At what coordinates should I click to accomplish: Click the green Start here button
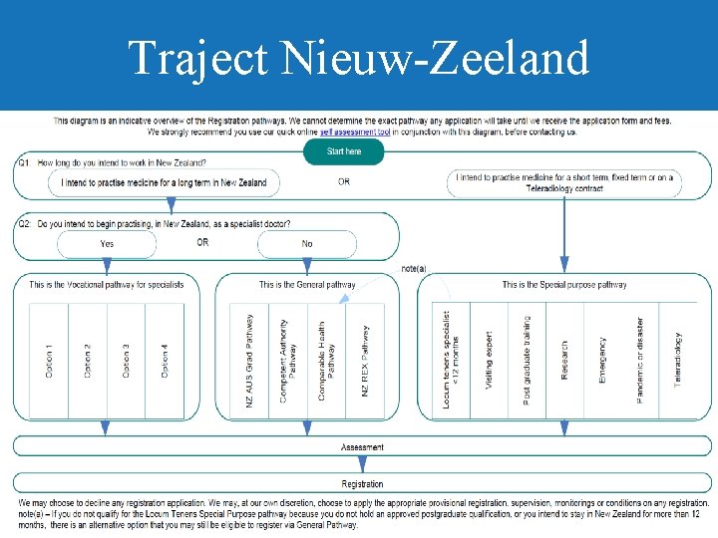click(x=344, y=151)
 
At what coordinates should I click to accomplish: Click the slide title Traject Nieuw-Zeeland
click(x=359, y=58)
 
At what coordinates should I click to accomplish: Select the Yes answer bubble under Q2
click(x=107, y=243)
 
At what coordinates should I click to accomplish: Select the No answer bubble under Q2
click(x=306, y=243)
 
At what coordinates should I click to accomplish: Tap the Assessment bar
click(x=362, y=447)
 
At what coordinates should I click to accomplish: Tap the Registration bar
click(x=362, y=484)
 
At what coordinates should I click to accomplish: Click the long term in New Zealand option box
click(x=165, y=182)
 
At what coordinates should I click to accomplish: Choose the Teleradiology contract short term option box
click(x=564, y=182)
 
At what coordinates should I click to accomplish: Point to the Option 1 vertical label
click(x=49, y=360)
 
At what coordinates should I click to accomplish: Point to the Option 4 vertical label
click(x=165, y=360)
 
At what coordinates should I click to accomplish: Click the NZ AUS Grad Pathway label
click(x=249, y=360)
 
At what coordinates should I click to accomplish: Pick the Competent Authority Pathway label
click(x=287, y=360)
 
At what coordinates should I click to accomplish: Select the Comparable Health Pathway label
click(x=325, y=360)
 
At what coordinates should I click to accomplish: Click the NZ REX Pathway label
click(x=365, y=360)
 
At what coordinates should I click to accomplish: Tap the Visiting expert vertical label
click(x=489, y=360)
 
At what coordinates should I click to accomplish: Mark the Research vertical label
click(x=564, y=360)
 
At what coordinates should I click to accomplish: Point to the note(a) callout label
click(x=414, y=268)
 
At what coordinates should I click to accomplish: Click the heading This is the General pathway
click(x=307, y=285)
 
